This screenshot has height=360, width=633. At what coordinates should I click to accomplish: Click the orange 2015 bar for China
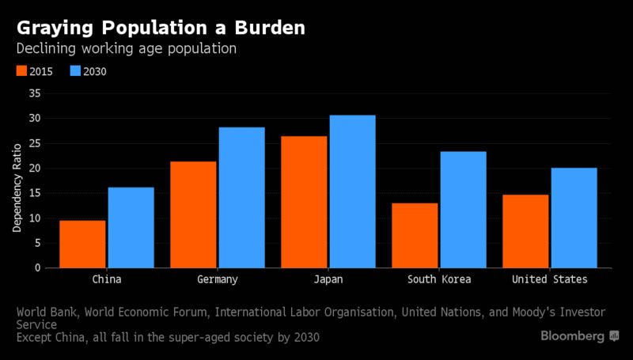pyautogui.click(x=82, y=244)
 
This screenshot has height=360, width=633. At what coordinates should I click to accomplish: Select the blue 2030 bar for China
pyautogui.click(x=131, y=228)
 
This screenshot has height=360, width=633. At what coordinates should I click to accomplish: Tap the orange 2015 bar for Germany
pyautogui.click(x=193, y=214)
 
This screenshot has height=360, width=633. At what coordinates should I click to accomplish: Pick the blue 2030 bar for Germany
pyautogui.click(x=242, y=198)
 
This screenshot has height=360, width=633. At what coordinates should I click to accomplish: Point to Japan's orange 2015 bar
pyautogui.click(x=304, y=202)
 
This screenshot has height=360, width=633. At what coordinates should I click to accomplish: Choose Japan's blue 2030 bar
pyautogui.click(x=353, y=191)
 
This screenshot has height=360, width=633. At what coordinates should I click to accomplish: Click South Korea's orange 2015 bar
pyautogui.click(x=415, y=235)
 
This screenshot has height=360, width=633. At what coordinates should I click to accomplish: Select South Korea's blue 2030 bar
pyautogui.click(x=464, y=210)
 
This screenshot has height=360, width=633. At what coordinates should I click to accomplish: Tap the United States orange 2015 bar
pyautogui.click(x=525, y=231)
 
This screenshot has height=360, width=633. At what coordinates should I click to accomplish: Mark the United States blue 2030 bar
pyautogui.click(x=574, y=218)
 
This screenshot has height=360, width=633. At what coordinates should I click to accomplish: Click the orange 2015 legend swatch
pyautogui.click(x=22, y=71)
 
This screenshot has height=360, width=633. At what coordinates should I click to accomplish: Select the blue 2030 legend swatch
pyautogui.click(x=76, y=71)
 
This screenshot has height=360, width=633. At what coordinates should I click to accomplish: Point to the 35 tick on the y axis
pyautogui.click(x=33, y=93)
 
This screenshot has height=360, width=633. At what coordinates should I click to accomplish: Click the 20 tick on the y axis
pyautogui.click(x=33, y=169)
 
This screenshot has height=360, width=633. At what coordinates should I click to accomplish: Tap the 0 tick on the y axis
pyautogui.click(x=36, y=268)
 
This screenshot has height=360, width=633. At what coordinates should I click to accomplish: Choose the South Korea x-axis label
pyautogui.click(x=439, y=280)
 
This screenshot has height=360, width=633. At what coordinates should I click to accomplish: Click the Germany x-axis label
pyautogui.click(x=217, y=280)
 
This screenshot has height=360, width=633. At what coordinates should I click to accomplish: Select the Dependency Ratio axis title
pyautogui.click(x=17, y=182)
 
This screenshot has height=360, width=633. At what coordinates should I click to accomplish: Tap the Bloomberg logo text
pyautogui.click(x=573, y=336)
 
